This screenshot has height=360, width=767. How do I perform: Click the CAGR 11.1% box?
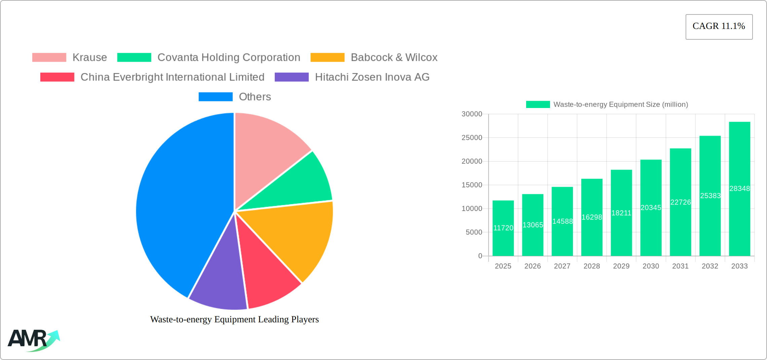coord(719,27)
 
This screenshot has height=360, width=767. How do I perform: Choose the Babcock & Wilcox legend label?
coord(394,58)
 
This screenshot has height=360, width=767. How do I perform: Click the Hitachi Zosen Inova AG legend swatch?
coord(292,77)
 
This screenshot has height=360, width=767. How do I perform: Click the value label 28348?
coord(739,189)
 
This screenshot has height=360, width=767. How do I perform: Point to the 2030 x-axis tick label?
coord(651,266)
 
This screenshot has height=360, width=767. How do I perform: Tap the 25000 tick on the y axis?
coord(472,138)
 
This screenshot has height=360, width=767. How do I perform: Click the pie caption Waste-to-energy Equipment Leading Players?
coord(234,319)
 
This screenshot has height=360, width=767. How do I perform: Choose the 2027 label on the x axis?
coord(562,266)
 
